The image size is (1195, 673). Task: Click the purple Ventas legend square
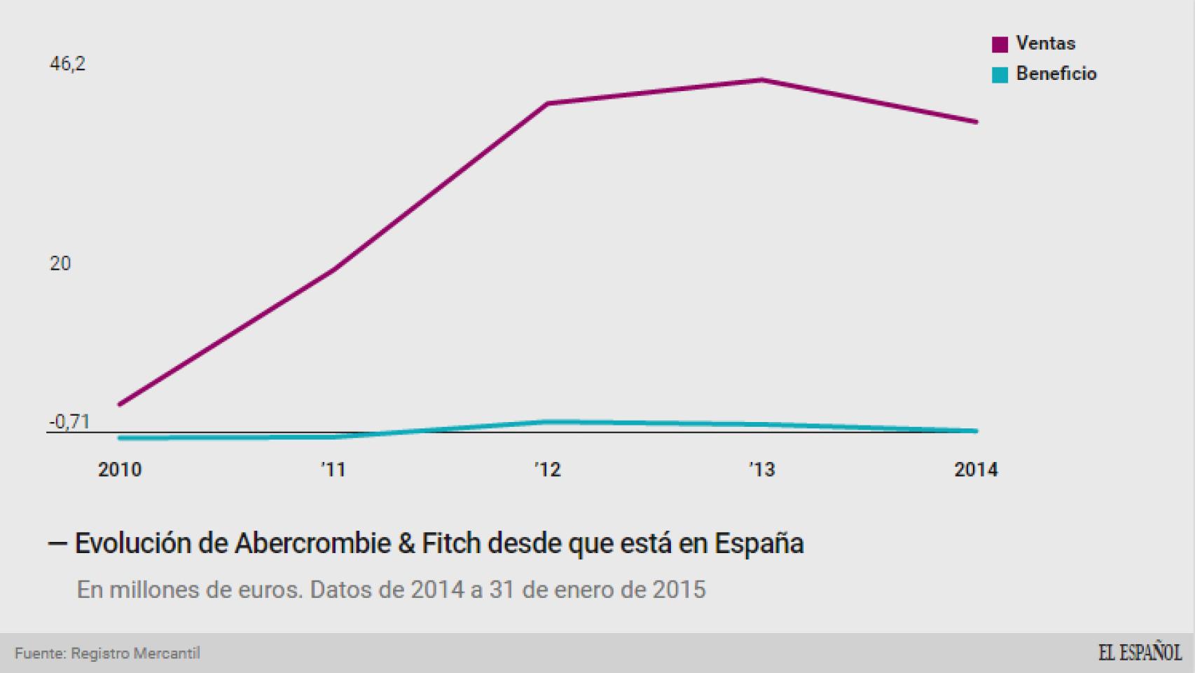click(1000, 44)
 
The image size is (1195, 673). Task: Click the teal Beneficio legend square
click(1000, 74)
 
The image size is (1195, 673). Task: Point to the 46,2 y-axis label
click(67, 64)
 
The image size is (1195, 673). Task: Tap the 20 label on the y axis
click(60, 264)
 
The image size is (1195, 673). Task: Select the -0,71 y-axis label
click(69, 421)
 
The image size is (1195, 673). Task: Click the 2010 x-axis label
click(120, 470)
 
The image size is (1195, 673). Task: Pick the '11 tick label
click(333, 470)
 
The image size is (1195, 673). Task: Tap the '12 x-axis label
click(548, 470)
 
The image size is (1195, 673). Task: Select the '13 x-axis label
click(761, 470)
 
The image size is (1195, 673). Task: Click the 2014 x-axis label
click(975, 470)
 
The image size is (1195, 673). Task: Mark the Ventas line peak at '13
click(761, 80)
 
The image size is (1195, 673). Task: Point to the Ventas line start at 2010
click(120, 405)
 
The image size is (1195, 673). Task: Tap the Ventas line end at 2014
click(976, 122)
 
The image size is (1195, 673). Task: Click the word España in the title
click(759, 543)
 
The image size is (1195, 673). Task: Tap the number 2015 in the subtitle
click(679, 590)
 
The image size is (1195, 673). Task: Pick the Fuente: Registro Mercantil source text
click(107, 653)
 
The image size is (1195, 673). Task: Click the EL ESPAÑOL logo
click(1139, 653)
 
